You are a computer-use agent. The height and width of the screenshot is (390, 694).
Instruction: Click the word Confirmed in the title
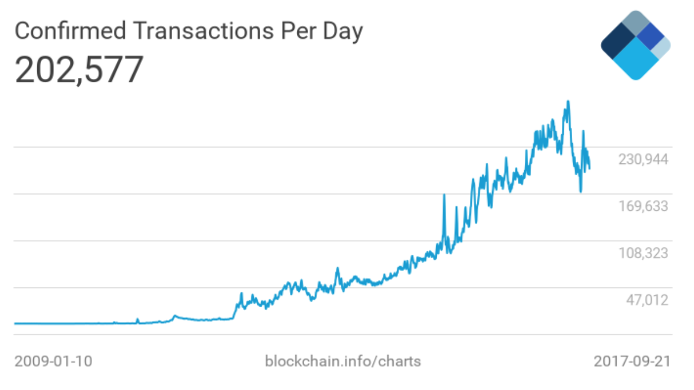71,31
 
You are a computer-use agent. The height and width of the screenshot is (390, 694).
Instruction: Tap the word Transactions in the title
204,31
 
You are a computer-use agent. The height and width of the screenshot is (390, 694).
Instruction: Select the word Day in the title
342,33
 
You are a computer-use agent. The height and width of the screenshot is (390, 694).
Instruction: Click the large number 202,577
79,70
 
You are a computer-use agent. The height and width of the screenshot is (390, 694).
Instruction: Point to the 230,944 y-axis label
643,159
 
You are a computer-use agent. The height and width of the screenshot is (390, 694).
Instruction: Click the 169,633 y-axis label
643,206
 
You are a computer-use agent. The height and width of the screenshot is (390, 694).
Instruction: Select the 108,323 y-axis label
643,253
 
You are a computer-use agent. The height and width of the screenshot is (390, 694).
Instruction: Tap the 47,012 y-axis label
647,300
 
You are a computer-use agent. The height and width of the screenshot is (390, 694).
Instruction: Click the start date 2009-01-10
53,361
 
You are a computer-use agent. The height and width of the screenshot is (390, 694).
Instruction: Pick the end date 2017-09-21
632,361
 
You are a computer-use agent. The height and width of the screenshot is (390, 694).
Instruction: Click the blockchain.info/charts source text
343,361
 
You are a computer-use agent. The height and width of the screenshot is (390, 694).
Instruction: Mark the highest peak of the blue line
568,101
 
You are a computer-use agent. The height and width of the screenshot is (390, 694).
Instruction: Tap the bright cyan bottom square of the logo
636,59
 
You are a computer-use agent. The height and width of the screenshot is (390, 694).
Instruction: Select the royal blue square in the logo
651,37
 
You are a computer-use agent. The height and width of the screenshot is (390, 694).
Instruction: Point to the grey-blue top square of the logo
636,23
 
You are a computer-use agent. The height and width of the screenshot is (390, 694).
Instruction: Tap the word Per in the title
298,31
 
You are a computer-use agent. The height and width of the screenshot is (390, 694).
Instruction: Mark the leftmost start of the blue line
15,323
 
